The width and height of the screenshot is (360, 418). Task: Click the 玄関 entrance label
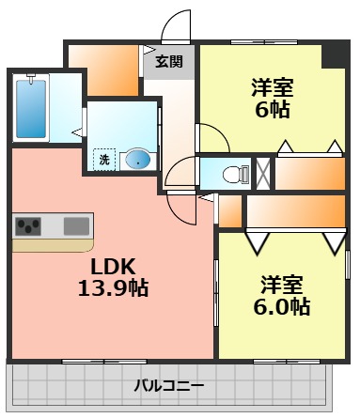tap(169, 63)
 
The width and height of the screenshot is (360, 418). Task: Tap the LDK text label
tap(112, 266)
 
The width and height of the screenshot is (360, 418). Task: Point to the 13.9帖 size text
tap(112, 287)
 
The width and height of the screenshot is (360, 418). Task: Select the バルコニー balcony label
tap(168, 384)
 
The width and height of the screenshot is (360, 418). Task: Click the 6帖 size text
tap(272, 109)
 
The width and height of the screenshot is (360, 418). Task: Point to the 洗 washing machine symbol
tap(104, 159)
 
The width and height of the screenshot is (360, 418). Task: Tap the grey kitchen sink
tap(77, 226)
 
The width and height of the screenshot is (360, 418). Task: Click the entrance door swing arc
tap(176, 28)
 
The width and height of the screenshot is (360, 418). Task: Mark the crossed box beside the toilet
tap(264, 172)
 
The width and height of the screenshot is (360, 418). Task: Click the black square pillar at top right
tap(333, 54)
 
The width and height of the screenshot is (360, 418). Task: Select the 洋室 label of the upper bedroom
tap(272, 89)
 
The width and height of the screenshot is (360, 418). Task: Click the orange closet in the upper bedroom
tap(310, 174)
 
